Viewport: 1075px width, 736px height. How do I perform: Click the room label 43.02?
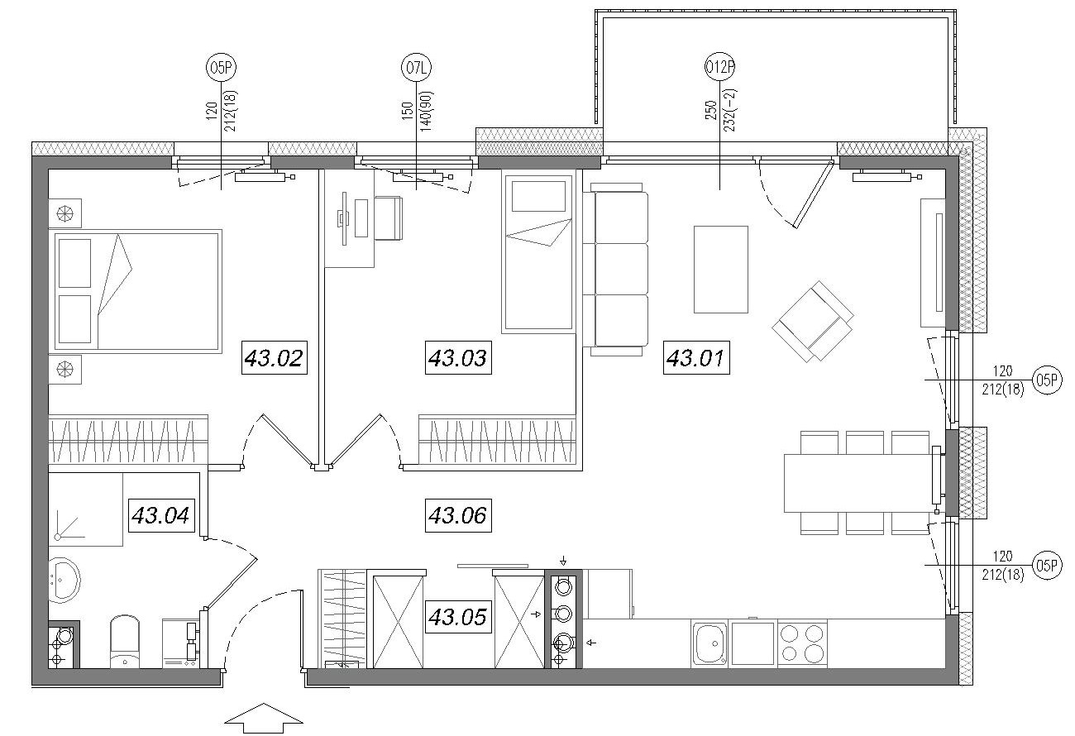click(274, 357)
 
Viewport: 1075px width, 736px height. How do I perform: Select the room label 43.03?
click(458, 357)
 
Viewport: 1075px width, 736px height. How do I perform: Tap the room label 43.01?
click(696, 357)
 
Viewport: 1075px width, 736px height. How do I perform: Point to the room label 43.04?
click(160, 515)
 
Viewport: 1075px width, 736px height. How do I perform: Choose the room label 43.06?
click(458, 515)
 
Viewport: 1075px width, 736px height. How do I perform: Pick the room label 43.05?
click(458, 617)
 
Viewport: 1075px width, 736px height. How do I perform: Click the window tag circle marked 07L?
click(416, 68)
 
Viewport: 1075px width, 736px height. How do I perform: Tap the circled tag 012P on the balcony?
click(719, 68)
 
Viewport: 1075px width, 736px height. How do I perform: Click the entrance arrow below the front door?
click(264, 719)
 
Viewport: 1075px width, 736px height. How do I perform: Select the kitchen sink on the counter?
click(709, 643)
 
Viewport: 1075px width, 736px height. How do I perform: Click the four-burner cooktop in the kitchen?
click(802, 643)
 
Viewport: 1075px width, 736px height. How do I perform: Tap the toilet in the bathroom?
click(125, 642)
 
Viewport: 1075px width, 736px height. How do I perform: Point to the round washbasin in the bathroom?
click(64, 580)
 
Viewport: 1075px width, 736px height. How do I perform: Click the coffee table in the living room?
click(721, 270)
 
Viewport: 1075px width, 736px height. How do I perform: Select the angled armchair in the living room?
click(813, 321)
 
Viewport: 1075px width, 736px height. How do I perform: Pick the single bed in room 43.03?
click(538, 251)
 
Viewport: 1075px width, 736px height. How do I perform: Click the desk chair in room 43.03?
click(389, 217)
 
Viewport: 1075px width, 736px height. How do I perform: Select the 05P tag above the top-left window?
click(221, 68)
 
